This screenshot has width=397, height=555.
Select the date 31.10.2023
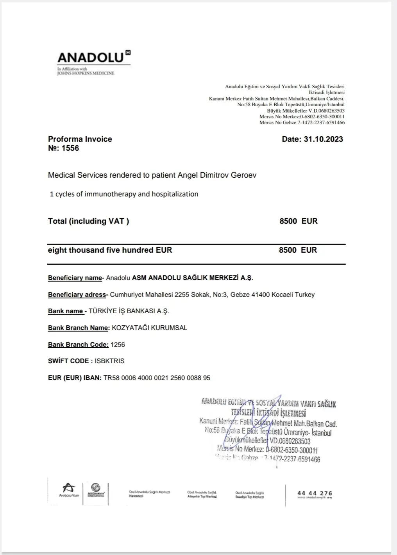tap(323, 139)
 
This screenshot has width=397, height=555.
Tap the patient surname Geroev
tap(243, 175)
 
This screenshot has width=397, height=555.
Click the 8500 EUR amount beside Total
tap(298, 221)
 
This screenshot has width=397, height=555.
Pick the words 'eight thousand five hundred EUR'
tap(110, 250)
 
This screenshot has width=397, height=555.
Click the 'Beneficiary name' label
tap(75, 278)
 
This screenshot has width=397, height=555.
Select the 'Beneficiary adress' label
tap(77, 295)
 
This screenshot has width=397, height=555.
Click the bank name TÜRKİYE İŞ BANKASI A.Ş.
tap(129, 311)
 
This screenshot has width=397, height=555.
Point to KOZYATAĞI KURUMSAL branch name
tap(149, 328)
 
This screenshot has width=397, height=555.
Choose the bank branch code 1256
tap(118, 345)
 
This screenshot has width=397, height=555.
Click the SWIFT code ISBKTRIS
tap(109, 361)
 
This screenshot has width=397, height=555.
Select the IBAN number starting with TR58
tap(157, 378)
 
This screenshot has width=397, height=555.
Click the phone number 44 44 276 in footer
tap(314, 493)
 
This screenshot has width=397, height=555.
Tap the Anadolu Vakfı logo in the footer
tap(69, 490)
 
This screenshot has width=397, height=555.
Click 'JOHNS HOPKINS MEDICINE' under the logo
tap(86, 73)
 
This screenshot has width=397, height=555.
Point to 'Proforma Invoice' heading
tap(80, 139)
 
